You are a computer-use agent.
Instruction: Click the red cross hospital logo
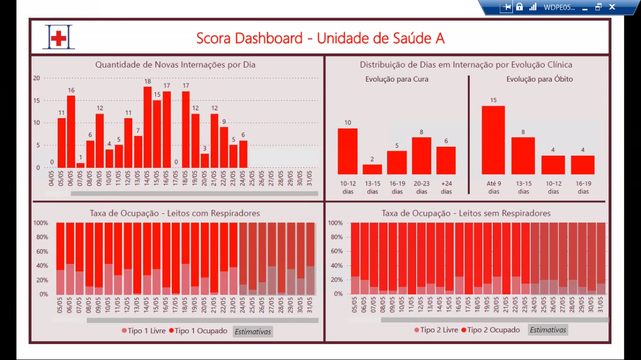click(59, 37)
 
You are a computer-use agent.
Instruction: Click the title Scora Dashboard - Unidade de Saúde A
click(320, 38)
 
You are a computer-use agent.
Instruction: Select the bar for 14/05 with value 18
click(148, 127)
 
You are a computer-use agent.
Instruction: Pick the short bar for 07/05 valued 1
click(81, 165)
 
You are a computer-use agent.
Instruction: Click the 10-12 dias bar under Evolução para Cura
click(348, 151)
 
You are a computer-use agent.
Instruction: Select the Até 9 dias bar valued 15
click(493, 140)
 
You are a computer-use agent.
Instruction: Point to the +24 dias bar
click(446, 160)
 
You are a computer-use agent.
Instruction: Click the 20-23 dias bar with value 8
click(422, 156)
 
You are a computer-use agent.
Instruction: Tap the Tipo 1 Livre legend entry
click(143, 331)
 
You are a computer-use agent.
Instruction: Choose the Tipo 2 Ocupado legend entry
click(491, 330)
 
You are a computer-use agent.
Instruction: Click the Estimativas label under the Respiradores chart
click(253, 331)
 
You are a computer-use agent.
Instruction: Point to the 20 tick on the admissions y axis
click(37, 78)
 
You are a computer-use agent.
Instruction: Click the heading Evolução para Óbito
click(539, 79)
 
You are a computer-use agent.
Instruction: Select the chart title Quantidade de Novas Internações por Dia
click(175, 65)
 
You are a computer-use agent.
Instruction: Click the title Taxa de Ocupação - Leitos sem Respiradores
click(466, 213)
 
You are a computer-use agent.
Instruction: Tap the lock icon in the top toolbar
click(519, 7)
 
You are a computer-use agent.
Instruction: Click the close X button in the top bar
click(612, 7)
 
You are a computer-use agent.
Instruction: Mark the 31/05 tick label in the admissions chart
click(309, 179)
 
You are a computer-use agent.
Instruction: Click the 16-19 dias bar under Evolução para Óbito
click(583, 165)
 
